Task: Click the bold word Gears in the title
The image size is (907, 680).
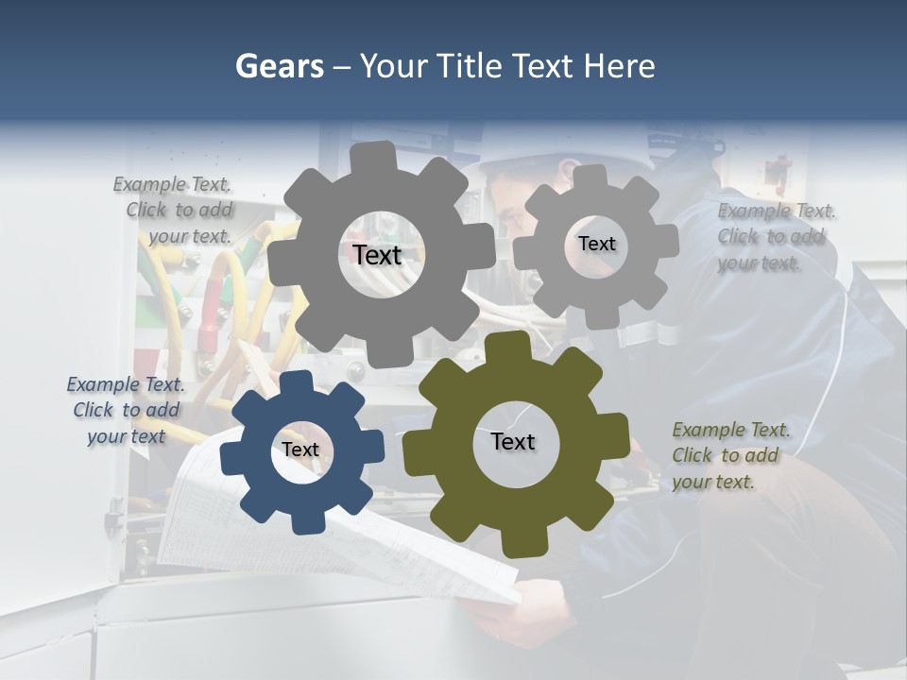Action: pyautogui.click(x=279, y=66)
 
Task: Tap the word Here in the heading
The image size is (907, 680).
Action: pyautogui.click(x=620, y=66)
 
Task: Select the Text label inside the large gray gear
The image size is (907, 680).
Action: pyautogui.click(x=377, y=255)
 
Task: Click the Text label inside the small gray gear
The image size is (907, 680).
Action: pyautogui.click(x=596, y=244)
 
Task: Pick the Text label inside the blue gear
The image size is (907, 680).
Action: pyautogui.click(x=300, y=450)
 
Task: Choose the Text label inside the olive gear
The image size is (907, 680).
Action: pyautogui.click(x=513, y=441)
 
